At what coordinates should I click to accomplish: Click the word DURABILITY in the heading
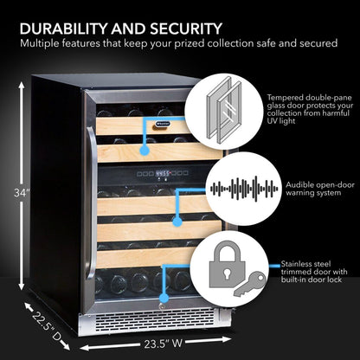pyautogui.click(x=64, y=29)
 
